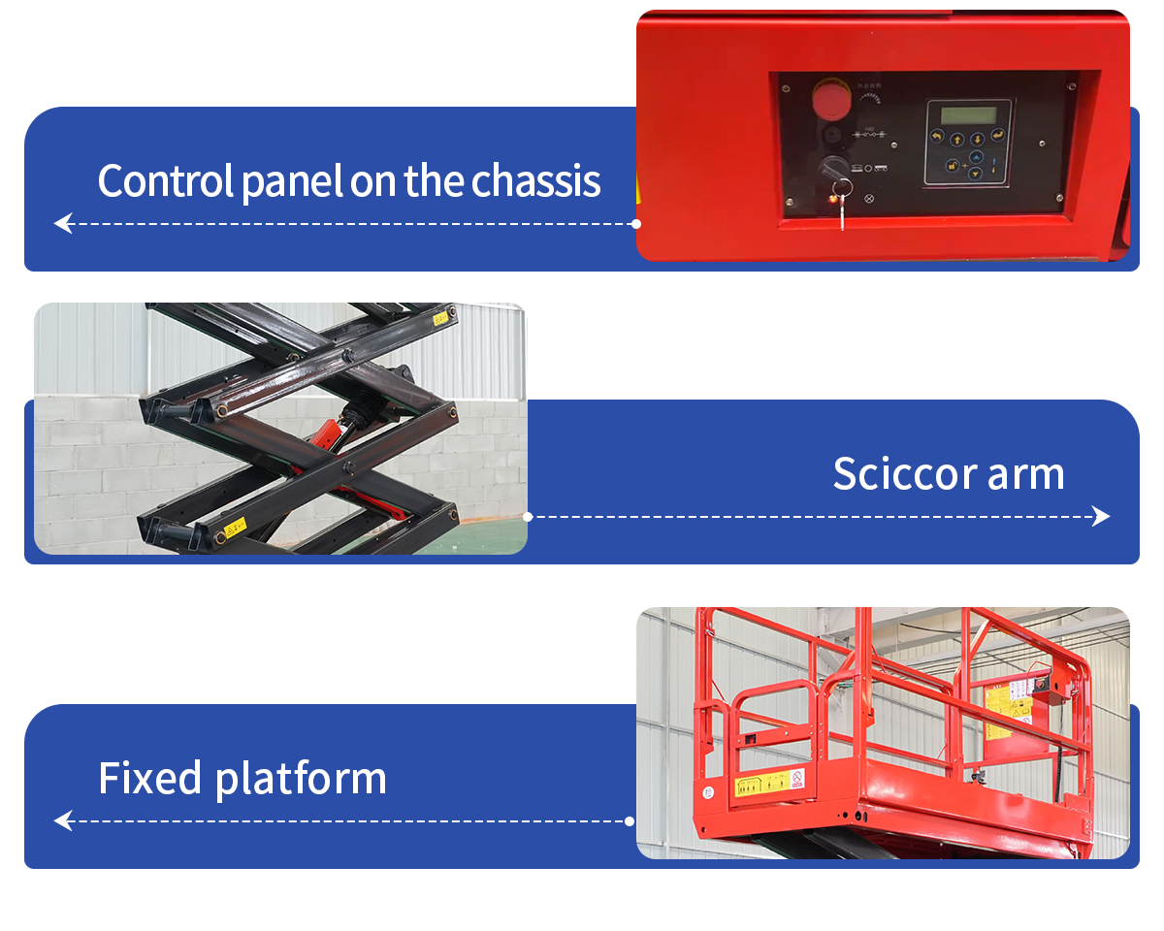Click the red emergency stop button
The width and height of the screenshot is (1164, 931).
pyautogui.click(x=827, y=100)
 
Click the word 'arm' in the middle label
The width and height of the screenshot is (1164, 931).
pyautogui.click(x=1026, y=474)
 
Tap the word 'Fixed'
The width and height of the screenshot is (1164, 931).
pyautogui.click(x=150, y=779)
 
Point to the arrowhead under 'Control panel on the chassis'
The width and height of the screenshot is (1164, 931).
pyautogui.click(x=63, y=224)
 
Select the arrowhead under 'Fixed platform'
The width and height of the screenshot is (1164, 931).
pyautogui.click(x=63, y=821)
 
